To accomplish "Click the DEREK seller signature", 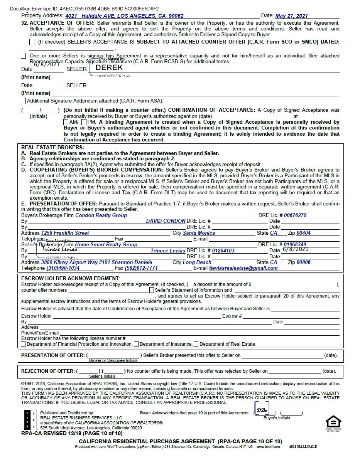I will click(109, 67).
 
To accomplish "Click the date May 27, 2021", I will click(291, 16).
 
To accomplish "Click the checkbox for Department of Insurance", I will click(136, 344).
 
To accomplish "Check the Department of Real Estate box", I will click(196, 344).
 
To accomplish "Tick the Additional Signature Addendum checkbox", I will click(24, 101).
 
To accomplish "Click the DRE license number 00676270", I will click(295, 215).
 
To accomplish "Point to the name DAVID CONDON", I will click(166, 221).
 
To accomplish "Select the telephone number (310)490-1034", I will click(63, 268).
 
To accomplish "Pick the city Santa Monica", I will click(199, 233).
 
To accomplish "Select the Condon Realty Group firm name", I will click(101, 215).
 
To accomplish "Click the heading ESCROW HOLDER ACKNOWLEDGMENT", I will click(70, 278).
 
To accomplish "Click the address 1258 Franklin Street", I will click(65, 233).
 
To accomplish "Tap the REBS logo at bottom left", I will click(30, 420).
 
